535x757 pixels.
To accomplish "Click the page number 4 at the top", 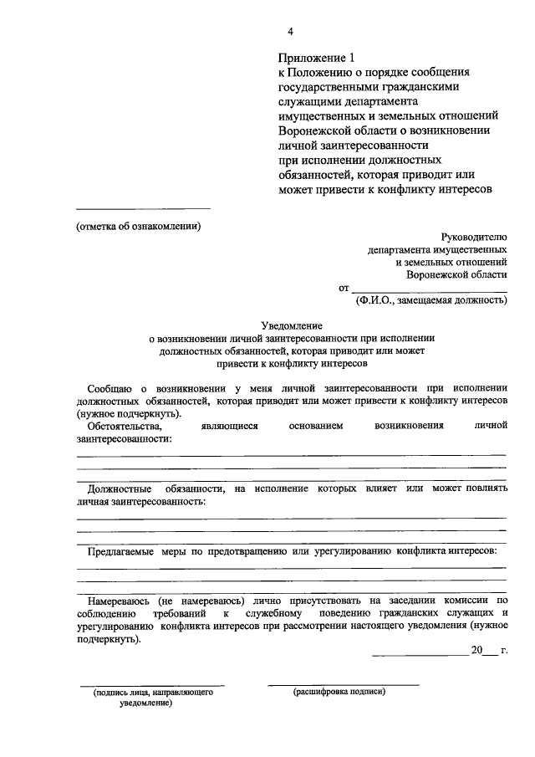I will tap(290, 32).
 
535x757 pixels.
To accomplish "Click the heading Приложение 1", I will tap(317, 58).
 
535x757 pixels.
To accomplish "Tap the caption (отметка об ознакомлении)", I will tap(139, 226).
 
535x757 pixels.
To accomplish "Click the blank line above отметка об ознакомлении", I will tap(143, 209).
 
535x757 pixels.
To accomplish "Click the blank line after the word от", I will tap(429, 289).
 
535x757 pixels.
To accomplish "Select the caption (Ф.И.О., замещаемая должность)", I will tap(431, 299).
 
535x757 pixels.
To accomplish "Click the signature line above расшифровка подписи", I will tap(343, 684).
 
